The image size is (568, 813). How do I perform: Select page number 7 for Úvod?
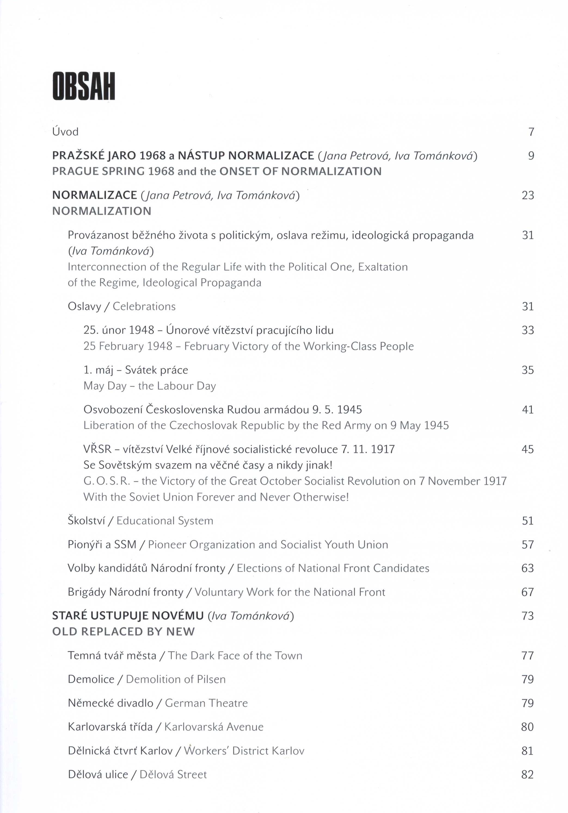(531, 132)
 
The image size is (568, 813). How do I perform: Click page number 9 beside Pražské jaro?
(531, 156)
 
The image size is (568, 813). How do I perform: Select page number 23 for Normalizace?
(528, 195)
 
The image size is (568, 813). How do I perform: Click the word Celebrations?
(144, 306)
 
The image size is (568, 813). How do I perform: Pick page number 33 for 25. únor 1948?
(528, 330)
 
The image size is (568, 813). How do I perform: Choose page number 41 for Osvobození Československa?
(528, 410)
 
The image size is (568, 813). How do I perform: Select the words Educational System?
(165, 521)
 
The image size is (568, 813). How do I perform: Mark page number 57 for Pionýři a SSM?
(528, 545)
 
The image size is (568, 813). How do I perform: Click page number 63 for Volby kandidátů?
(528, 568)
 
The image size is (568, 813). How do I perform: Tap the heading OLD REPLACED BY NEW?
(123, 632)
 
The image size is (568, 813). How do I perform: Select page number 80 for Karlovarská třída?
(527, 727)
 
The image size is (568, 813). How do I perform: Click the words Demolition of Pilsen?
(176, 679)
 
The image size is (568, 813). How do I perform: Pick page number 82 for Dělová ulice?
(527, 774)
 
